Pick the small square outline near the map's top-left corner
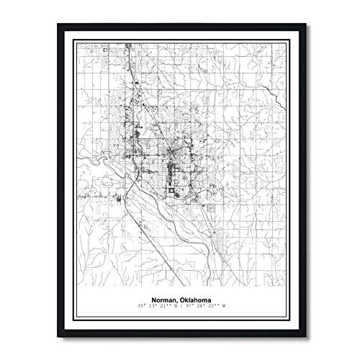[x=104, y=50]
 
